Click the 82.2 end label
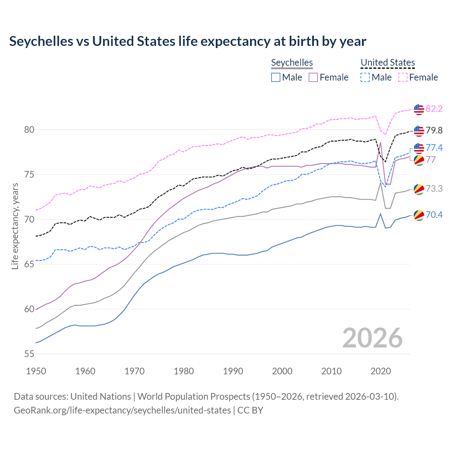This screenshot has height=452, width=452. [434, 109]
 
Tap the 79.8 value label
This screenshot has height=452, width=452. [434, 131]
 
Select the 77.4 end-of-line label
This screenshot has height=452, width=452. [434, 148]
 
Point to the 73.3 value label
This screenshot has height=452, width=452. [434, 189]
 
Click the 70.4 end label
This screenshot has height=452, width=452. [434, 215]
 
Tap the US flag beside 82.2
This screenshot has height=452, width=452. [419, 109]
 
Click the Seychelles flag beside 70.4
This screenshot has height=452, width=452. [419, 215]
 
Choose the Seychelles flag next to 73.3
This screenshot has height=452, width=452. [419, 189]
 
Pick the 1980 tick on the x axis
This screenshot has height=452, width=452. [184, 371]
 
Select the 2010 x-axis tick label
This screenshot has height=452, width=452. [331, 371]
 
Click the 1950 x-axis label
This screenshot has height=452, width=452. [36, 371]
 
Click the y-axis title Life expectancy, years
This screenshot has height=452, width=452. [15, 226]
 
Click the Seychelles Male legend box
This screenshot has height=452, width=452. [276, 77]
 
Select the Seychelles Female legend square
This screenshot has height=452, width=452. [313, 77]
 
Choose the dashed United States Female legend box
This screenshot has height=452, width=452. [403, 77]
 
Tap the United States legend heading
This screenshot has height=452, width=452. [387, 63]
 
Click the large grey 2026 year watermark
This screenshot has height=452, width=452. [373, 338]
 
